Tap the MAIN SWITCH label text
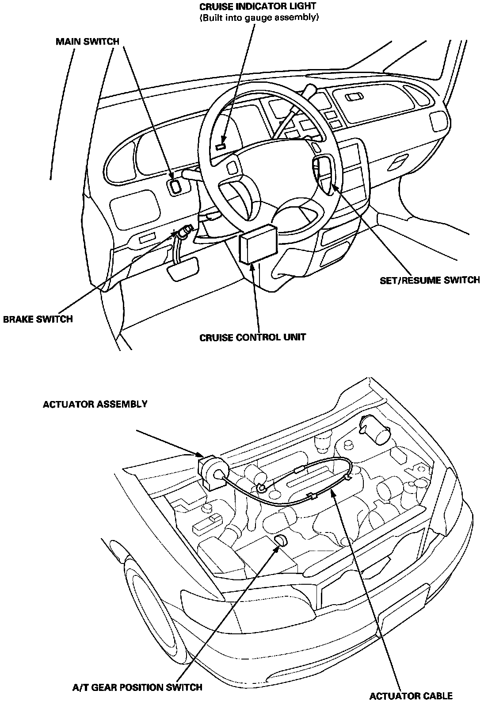[x=87, y=42]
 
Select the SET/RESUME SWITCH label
[x=430, y=280]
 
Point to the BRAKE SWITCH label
[x=38, y=319]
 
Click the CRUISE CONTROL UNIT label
[x=252, y=338]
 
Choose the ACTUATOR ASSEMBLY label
[x=95, y=404]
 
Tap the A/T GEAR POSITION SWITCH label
[x=137, y=687]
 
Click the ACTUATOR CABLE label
[x=411, y=695]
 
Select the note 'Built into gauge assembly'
[x=259, y=18]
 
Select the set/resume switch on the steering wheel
[x=321, y=170]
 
